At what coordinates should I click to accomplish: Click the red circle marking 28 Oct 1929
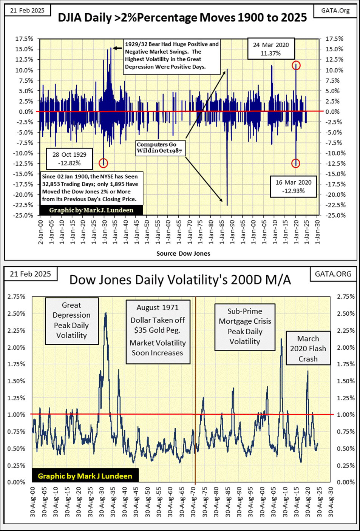click(104, 163)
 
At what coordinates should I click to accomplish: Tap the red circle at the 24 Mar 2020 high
click(296, 65)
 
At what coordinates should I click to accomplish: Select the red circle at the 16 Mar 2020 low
click(296, 163)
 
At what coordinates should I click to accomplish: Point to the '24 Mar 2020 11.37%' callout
click(270, 49)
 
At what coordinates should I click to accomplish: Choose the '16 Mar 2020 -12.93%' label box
click(294, 187)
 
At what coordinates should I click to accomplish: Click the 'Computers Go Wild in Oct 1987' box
click(159, 148)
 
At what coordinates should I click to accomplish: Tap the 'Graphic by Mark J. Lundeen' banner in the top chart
click(91, 210)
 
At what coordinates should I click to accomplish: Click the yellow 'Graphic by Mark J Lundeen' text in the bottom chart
click(85, 476)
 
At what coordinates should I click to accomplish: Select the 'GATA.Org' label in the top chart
click(335, 11)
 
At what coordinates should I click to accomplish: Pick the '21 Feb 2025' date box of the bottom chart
click(30, 274)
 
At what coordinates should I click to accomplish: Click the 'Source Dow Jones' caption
click(183, 253)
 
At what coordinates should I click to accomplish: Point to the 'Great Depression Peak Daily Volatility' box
click(71, 320)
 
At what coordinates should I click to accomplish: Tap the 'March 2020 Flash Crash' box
click(308, 349)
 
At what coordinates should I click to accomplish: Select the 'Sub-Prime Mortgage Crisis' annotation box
click(245, 326)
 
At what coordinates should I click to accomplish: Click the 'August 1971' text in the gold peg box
click(158, 307)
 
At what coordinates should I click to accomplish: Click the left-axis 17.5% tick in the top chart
click(24, 39)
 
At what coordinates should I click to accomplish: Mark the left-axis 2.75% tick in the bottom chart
click(16, 296)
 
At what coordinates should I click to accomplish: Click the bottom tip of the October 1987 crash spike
click(227, 205)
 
